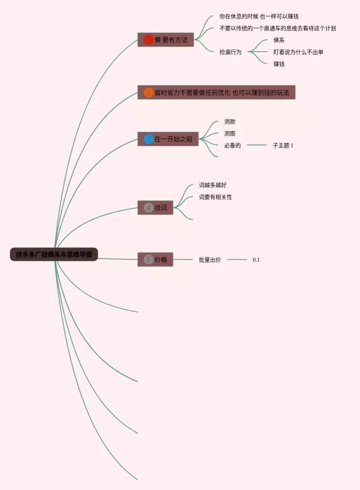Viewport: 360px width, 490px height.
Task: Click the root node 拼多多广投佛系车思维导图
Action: point(54,255)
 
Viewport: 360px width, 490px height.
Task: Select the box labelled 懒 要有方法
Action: point(165,39)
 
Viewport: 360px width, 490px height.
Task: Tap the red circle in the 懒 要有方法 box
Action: point(148,39)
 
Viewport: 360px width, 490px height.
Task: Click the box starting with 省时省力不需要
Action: point(217,92)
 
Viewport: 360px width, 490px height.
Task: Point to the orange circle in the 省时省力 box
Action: point(148,92)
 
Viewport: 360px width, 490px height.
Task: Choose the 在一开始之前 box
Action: point(168,139)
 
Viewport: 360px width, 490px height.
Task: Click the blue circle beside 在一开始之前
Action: point(148,139)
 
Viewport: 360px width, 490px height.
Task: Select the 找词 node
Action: point(156,208)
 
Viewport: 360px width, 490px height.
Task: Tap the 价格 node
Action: point(156,259)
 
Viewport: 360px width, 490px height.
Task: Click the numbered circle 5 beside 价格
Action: point(148,259)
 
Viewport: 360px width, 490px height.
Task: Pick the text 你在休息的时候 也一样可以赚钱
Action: point(259,16)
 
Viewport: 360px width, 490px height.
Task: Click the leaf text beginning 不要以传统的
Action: point(277,28)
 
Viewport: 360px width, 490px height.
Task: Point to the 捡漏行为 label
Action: point(231,52)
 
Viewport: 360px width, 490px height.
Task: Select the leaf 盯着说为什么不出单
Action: point(298,52)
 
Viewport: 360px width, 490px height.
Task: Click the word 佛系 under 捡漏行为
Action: point(279,40)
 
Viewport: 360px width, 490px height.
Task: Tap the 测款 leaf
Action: point(230,122)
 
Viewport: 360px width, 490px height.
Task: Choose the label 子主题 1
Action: point(283,145)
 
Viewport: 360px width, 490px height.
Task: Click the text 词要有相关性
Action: point(215,197)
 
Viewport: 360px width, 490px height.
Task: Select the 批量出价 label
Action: point(210,259)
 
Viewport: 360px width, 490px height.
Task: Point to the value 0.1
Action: point(256,259)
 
